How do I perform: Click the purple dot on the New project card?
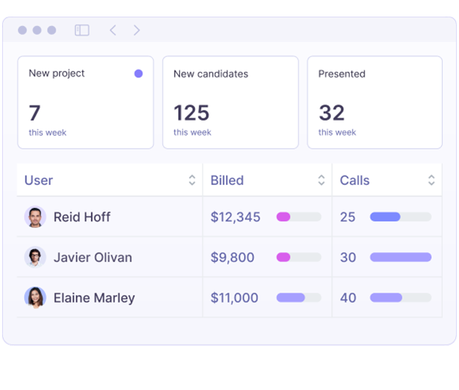click(139, 74)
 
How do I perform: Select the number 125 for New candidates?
click(191, 113)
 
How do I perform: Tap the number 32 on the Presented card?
click(332, 113)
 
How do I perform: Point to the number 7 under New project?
click(35, 113)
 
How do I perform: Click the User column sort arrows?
click(192, 181)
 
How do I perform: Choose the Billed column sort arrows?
click(321, 181)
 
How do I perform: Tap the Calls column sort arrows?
click(432, 181)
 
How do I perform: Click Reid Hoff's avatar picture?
click(35, 217)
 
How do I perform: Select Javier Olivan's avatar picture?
click(35, 257)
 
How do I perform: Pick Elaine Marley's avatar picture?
click(35, 298)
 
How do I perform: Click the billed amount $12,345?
click(235, 217)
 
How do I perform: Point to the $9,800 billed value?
click(232, 257)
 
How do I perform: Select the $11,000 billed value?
click(234, 298)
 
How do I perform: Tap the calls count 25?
click(348, 217)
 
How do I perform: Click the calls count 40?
click(348, 298)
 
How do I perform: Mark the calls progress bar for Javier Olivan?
click(401, 257)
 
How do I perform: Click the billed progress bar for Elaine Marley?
click(299, 298)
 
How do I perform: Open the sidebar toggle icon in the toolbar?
click(82, 30)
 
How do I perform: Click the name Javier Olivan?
click(92, 257)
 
